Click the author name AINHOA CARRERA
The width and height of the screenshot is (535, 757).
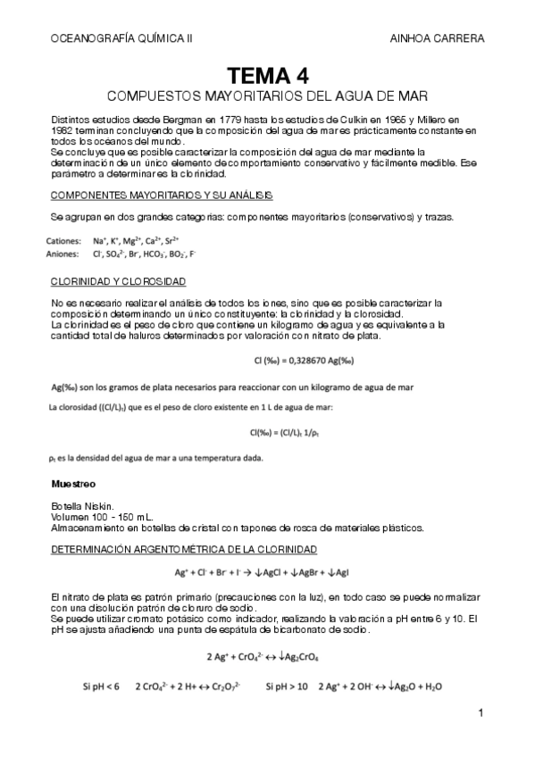click(438, 38)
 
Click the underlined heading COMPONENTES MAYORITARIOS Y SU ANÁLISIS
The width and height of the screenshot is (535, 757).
click(162, 195)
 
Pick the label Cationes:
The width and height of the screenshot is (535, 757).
click(63, 241)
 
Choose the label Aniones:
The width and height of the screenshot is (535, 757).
click(63, 254)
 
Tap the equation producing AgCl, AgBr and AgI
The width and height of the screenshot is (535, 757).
click(267, 571)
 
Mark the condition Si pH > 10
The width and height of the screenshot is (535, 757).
click(287, 687)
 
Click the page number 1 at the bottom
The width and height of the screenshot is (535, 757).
click(481, 712)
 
